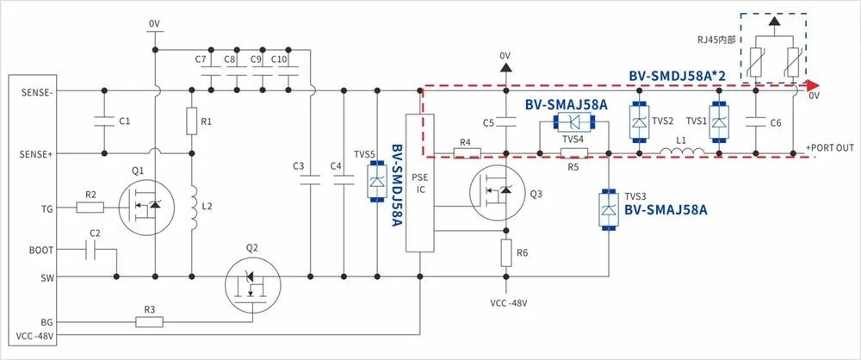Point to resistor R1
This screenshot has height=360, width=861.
[x=191, y=121]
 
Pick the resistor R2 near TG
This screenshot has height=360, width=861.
[x=90, y=207]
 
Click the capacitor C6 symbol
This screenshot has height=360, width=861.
[x=755, y=121]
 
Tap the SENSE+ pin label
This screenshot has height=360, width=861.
[x=36, y=154]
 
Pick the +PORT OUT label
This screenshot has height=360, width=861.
[x=830, y=147]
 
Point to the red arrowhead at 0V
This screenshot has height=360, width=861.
[x=810, y=86]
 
